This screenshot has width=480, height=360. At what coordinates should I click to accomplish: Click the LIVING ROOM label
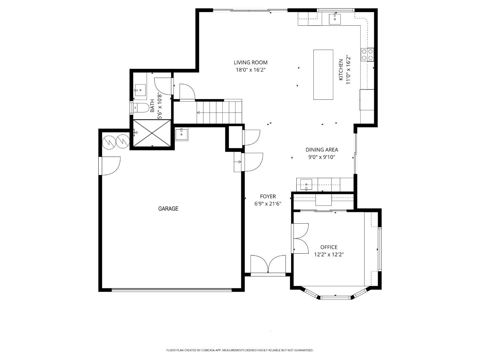250,62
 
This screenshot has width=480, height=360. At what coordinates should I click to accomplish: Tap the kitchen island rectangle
323,74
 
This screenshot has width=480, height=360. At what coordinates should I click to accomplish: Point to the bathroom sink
140,90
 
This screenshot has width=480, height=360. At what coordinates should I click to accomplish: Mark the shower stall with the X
152,133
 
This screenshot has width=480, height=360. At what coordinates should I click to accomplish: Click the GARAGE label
168,209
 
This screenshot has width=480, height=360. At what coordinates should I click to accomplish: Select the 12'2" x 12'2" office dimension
329,255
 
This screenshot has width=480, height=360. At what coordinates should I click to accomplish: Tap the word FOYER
268,197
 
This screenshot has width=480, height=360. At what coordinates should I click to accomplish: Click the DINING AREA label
322,150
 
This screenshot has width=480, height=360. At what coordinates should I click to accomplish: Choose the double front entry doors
268,264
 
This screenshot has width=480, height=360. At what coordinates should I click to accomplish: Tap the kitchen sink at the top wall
335,19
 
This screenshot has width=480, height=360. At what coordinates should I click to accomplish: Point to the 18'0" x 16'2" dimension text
250,70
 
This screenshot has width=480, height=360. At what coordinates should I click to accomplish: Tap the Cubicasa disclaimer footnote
240,350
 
